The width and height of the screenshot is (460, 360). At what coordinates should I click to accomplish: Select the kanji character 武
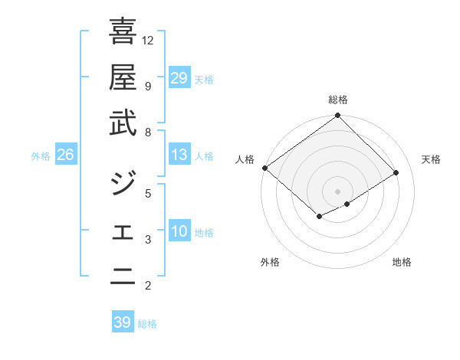pos(123,123)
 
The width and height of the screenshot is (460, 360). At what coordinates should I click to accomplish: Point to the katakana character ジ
pos(123,182)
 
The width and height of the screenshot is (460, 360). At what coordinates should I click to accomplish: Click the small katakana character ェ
pos(123,232)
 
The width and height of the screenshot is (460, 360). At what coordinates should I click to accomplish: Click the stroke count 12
pos(148,40)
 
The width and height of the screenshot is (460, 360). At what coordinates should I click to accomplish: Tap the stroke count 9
pos(147,86)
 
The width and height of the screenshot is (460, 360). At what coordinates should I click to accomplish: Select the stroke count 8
pos(147,133)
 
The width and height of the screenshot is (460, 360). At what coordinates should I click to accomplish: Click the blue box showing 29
pos(179,78)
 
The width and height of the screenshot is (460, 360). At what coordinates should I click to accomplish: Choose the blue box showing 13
pos(179,155)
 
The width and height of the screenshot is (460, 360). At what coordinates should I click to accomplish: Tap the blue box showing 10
pos(179,231)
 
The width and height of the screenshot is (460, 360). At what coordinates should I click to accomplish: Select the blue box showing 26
pos(66,155)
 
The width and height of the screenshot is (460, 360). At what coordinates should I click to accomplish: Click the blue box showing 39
pos(122,322)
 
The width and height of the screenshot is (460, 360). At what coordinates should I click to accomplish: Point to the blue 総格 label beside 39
pos(147,324)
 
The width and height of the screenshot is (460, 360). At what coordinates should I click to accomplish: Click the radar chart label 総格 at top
pos(337,100)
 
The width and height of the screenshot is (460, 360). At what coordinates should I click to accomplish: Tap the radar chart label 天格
pos(431,159)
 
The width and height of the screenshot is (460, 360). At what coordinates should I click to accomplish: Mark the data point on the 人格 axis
pos(264,168)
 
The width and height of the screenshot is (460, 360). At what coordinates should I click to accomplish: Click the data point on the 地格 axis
pos(347,204)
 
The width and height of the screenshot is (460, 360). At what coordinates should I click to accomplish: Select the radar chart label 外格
pos(270,262)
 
